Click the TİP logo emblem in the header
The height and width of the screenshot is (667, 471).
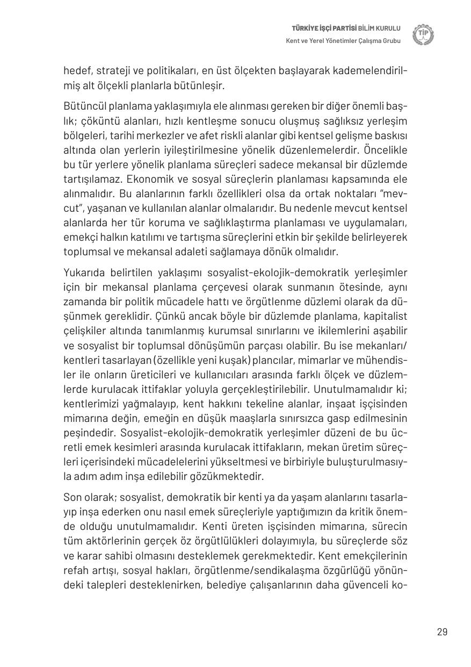tap(423, 35)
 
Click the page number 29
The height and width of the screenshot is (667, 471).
tap(442, 632)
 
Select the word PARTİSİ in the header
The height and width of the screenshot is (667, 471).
tap(342, 28)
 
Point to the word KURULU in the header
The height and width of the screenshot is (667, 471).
tap(388, 28)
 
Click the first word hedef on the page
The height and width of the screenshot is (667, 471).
tap(75, 71)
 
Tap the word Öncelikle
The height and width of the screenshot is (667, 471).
tap(386, 149)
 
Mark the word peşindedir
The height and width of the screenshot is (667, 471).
tap(86, 433)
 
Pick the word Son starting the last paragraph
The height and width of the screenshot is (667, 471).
tap(71, 497)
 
